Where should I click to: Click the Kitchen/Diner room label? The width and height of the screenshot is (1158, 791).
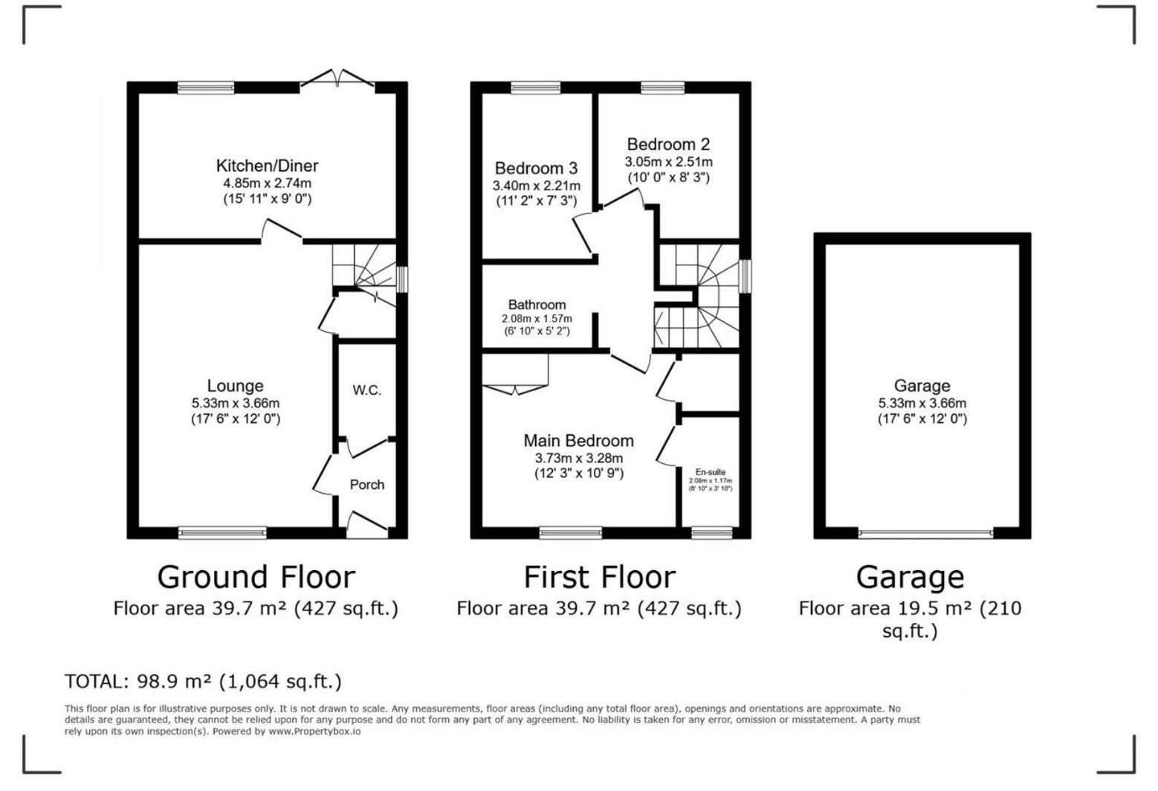click(267, 166)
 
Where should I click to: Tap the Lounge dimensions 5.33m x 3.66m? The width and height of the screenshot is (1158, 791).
click(235, 403)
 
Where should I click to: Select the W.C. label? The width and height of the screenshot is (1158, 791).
click(366, 390)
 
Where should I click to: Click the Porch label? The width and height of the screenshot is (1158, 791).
click(367, 485)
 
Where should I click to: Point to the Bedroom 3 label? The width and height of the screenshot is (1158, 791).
click(536, 168)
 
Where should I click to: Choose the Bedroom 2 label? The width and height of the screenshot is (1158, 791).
click(668, 144)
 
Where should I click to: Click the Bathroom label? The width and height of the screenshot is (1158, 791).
click(537, 305)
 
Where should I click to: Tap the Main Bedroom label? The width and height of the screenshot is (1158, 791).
click(578, 441)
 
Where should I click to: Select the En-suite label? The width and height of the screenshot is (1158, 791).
click(710, 472)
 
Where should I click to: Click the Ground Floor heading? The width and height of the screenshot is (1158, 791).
click(256, 577)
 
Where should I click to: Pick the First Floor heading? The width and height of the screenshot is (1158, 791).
click(599, 577)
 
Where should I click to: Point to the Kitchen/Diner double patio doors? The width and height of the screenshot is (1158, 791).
click(338, 79)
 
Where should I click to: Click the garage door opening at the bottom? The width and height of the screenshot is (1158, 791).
click(925, 533)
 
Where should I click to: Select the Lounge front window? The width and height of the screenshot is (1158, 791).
click(222, 532)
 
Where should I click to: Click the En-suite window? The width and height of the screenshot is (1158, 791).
click(711, 532)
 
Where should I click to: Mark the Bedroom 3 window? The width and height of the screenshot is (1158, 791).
click(535, 88)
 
